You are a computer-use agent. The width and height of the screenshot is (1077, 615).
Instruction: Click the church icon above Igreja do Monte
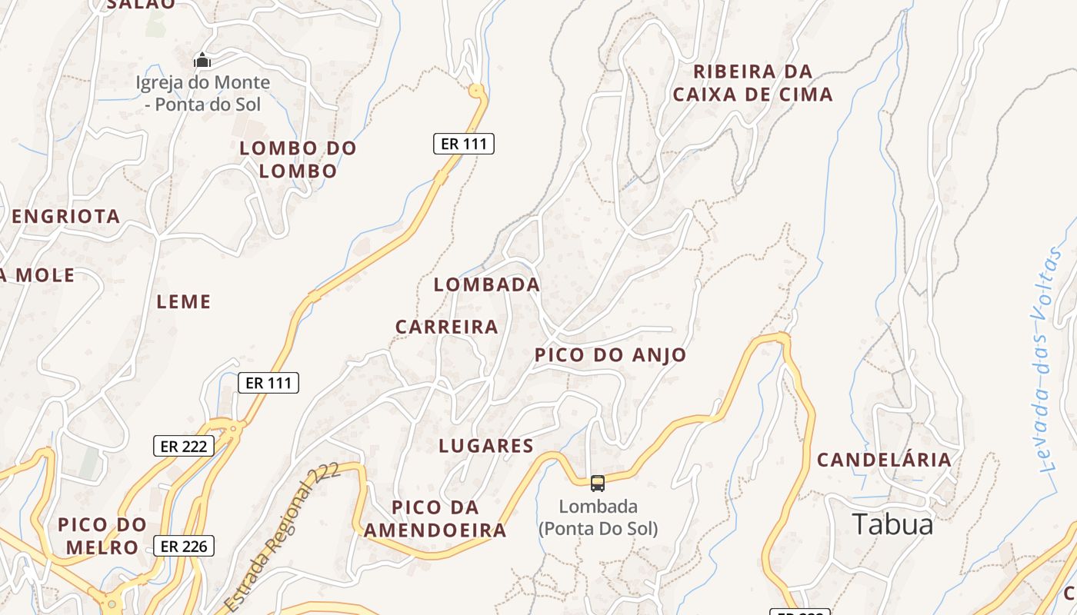point(202,60)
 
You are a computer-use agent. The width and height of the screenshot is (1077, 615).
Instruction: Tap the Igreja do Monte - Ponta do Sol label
point(203,93)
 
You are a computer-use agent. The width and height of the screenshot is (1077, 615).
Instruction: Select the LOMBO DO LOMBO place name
point(298,159)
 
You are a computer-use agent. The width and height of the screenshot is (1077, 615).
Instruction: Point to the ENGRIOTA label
point(66,216)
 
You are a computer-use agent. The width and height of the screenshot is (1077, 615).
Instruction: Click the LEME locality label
point(184,301)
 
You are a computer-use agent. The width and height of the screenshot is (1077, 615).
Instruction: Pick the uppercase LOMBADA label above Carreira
point(487,284)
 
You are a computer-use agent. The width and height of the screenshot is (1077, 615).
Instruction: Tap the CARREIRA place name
point(447,327)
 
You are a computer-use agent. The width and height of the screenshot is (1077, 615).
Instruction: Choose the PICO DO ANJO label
point(610,354)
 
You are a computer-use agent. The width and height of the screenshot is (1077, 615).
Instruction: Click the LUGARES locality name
point(486,446)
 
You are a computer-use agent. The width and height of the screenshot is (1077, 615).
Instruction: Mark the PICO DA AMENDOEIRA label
point(435,519)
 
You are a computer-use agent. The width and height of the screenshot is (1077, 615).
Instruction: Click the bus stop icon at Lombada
point(598,483)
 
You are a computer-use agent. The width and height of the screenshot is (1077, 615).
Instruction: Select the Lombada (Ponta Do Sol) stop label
point(599,517)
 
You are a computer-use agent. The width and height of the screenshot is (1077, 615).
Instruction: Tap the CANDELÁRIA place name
point(884,460)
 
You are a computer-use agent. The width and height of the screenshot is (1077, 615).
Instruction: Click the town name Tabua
point(892,524)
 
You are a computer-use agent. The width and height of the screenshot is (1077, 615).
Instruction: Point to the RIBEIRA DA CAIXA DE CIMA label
point(752,83)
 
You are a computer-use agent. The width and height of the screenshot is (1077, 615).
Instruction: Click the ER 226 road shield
point(184,546)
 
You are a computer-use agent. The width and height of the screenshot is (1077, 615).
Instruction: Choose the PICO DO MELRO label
point(102,536)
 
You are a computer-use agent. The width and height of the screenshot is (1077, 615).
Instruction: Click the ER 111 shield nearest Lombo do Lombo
point(463,143)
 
